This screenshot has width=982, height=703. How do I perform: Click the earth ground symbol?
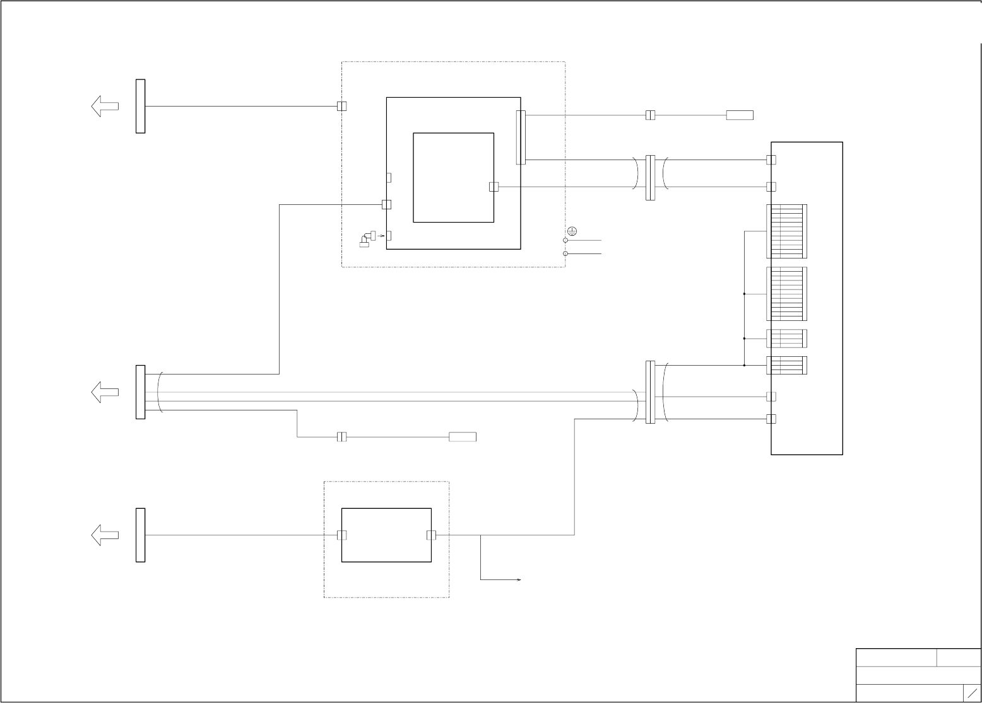[x=572, y=231]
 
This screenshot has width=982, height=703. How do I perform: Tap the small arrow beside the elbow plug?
[x=381, y=236]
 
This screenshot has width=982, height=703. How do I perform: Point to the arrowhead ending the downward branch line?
[x=519, y=579]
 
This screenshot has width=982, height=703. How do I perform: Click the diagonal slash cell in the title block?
[x=972, y=692]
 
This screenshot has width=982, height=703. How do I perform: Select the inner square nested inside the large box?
[x=453, y=177]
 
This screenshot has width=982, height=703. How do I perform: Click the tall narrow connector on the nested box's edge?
[x=521, y=137]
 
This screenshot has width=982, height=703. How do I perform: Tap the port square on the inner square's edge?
[x=494, y=187]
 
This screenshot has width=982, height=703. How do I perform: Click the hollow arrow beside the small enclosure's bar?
[x=105, y=535]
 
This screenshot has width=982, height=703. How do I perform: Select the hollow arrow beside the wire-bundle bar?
[x=105, y=392]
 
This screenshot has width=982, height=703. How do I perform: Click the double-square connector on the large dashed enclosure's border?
[x=341, y=106]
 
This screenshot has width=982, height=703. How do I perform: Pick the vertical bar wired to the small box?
[x=140, y=535]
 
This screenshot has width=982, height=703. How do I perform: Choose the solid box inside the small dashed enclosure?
[x=386, y=535]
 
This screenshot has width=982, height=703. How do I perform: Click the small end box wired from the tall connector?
[x=739, y=115]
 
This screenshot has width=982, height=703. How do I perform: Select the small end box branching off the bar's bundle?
[x=462, y=437]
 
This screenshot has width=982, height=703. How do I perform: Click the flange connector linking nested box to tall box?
[x=650, y=178]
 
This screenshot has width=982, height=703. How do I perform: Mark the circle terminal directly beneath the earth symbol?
[x=565, y=240]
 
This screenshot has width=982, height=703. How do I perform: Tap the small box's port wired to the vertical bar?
[x=341, y=535]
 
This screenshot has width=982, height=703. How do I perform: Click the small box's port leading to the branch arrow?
[x=431, y=535]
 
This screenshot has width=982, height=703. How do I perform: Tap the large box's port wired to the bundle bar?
[x=386, y=204]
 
